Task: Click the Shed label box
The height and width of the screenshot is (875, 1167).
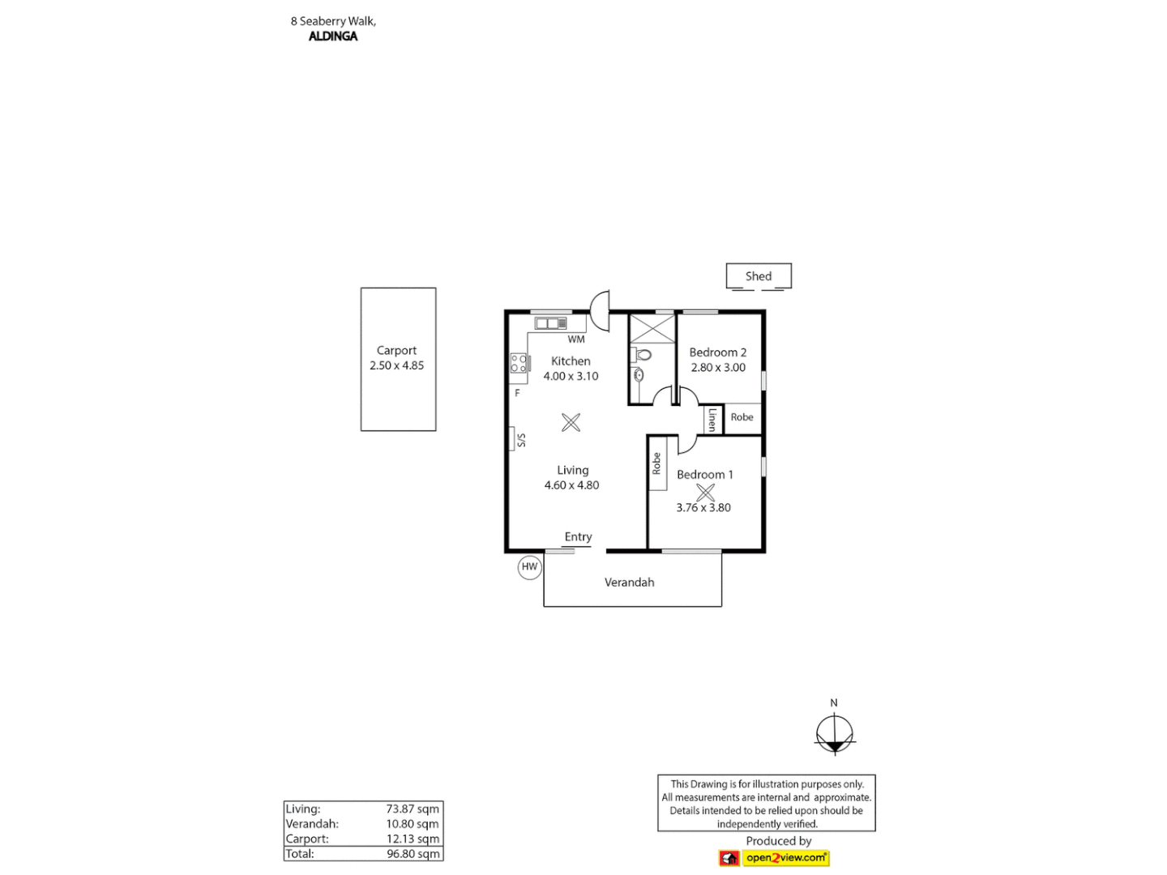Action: (x=759, y=276)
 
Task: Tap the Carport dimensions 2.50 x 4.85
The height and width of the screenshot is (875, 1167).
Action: (x=396, y=365)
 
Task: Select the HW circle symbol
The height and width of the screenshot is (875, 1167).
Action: (x=529, y=567)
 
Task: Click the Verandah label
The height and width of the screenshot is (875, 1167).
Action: (x=629, y=583)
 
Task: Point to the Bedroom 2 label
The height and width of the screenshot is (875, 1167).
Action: (x=717, y=352)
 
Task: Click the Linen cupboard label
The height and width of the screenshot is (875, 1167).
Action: (x=712, y=419)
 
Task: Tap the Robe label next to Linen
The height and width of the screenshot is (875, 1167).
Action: (x=742, y=417)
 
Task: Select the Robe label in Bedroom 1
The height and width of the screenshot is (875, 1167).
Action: (x=656, y=463)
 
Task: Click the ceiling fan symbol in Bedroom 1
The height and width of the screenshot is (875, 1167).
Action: (x=705, y=492)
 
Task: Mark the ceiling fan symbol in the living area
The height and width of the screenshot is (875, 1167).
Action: (x=571, y=422)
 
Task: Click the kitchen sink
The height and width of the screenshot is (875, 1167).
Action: (x=550, y=323)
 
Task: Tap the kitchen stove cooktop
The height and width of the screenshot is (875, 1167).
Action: (x=519, y=364)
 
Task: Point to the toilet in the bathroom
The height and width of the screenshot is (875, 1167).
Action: (x=643, y=355)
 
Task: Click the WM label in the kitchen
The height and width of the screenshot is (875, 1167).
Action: (x=576, y=339)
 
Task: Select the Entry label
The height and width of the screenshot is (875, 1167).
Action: (x=578, y=537)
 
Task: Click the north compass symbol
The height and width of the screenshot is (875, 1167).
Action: (x=835, y=734)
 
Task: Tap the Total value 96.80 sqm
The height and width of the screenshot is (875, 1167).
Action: (x=413, y=854)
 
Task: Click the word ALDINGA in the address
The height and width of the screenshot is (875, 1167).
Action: (x=333, y=36)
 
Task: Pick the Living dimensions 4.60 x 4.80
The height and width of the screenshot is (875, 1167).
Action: (x=571, y=485)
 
